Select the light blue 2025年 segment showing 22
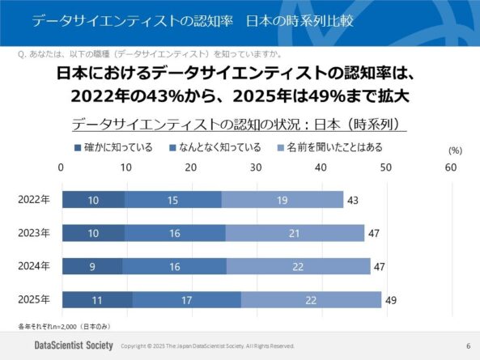[311, 300]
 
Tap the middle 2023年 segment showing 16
[175, 234]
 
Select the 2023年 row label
[34, 234]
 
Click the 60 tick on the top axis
[451, 167]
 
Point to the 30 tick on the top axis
[256, 167]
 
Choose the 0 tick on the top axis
[62, 167]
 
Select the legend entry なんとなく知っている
[215, 147]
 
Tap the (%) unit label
[454, 150]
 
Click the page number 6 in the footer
[467, 345]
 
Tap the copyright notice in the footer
[207, 346]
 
